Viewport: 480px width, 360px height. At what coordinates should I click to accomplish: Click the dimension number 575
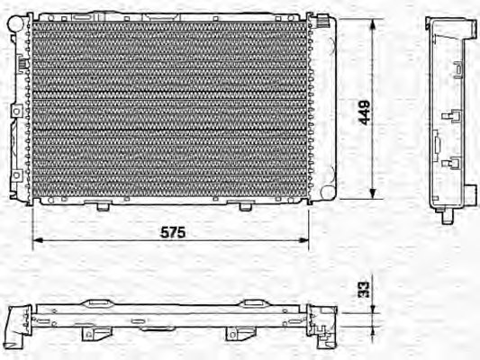pos(173,232)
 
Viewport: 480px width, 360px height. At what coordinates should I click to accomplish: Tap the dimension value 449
pos(365,111)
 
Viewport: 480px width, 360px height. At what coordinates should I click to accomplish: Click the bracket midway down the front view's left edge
pos(14,110)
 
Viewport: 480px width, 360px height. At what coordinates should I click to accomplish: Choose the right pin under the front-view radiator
pos(245,206)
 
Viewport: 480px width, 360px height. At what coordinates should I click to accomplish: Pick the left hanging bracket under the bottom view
pos(90,335)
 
